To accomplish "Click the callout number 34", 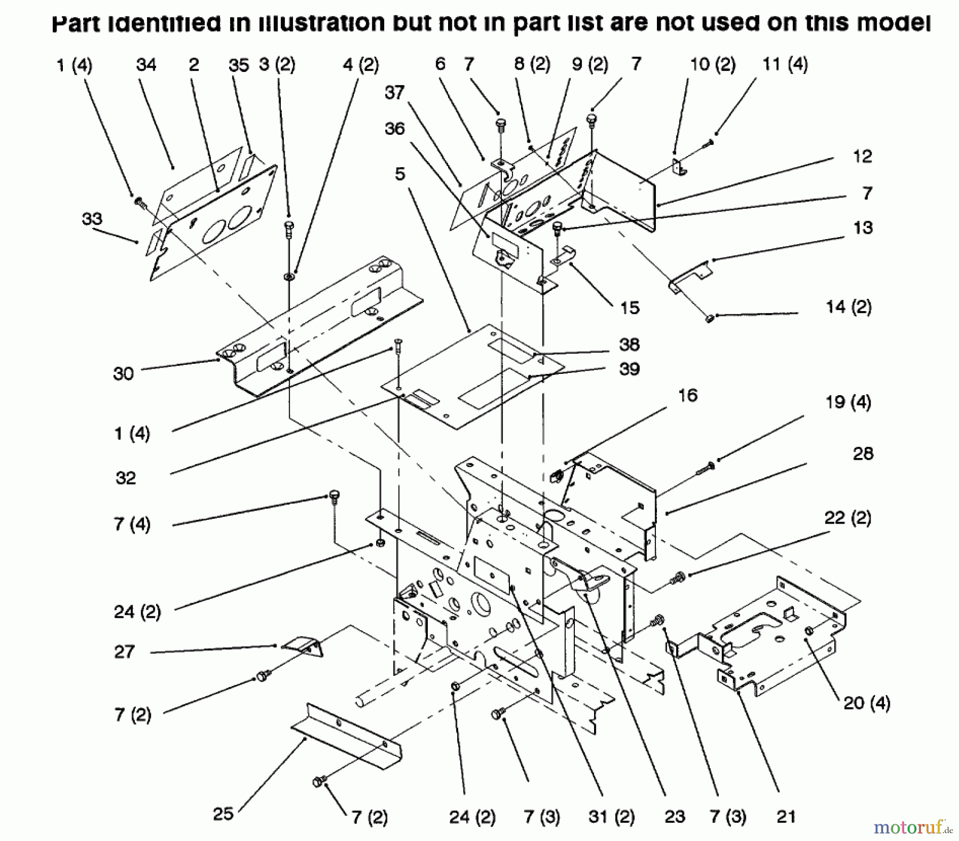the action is pos(146,65).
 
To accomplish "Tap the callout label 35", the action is pos(239,66).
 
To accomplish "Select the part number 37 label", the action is pos(395,93).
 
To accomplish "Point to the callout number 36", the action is pos(395,128).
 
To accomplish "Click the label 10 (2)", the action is pos(713,65).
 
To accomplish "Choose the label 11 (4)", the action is pos(785,65).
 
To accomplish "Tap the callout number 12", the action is pos(862,157).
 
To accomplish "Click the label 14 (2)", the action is pos(848,307).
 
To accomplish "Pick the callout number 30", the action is pos(123,373).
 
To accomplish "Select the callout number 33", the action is pos(92,218).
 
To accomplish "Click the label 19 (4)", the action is pos(848,402).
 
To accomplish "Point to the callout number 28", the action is pos(863,453).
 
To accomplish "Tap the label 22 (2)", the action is pos(848,518).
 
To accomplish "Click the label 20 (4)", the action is pos(867,703).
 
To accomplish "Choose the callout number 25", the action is pos(223,813).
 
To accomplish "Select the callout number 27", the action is pos(125,651).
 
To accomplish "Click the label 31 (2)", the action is pos(611,817).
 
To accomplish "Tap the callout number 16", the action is pos(688,395).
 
